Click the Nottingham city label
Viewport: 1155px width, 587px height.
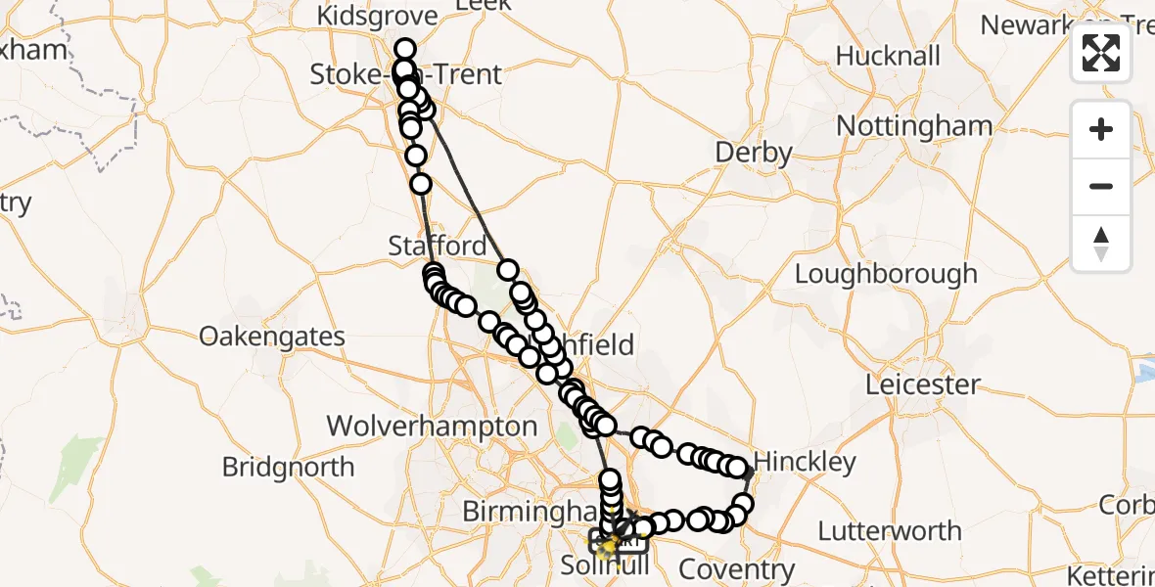[914, 126]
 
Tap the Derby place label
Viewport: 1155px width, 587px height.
[753, 153]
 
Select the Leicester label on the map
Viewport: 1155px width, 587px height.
[922, 384]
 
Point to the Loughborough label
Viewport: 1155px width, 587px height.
[885, 273]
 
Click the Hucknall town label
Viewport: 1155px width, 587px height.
[888, 56]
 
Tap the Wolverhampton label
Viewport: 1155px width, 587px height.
[432, 426]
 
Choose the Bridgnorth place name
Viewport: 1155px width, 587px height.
[288, 467]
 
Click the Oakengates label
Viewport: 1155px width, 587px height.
[271, 337]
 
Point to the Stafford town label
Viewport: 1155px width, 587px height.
[437, 246]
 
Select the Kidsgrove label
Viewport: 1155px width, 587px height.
[375, 17]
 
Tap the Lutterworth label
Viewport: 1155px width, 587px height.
[889, 531]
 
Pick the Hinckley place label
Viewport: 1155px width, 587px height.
[806, 462]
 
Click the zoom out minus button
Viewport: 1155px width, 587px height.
[1101, 186]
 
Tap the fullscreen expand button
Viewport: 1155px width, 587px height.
[1101, 53]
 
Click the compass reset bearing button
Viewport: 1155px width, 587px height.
[1101, 243]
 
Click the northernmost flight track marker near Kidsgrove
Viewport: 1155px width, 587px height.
[404, 49]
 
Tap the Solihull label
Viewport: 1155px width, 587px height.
[605, 566]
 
